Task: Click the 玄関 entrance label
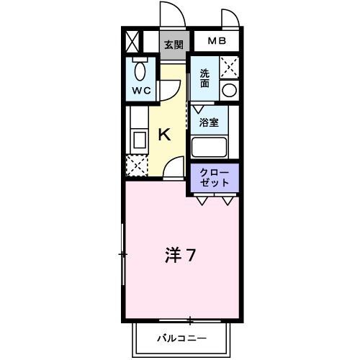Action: pos(173,44)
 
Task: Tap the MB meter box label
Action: pos(217,41)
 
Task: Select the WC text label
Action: pos(140,91)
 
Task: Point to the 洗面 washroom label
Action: pos(205,78)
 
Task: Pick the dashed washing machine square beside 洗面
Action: pos(229,68)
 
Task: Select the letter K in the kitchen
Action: pos(164,135)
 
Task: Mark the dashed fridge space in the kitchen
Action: pos(137,166)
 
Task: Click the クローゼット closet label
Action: pos(214,177)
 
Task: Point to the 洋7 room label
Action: pos(181,255)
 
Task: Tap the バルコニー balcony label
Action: pos(182,338)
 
